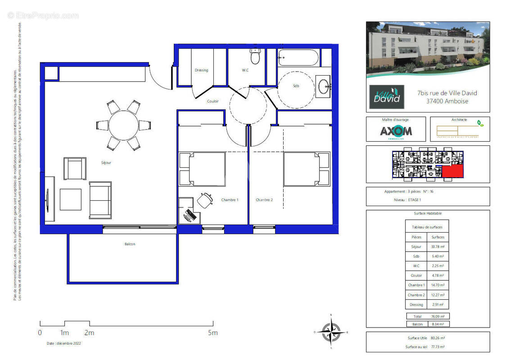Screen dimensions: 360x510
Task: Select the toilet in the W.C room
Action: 255,58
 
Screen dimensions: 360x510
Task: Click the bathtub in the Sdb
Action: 298,58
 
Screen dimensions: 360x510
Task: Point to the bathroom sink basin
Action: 323,85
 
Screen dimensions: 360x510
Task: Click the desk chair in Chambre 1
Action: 205,199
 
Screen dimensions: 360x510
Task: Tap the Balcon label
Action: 130,244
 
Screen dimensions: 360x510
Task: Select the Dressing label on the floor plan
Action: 201,70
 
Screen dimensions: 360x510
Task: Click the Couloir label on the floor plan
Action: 213,101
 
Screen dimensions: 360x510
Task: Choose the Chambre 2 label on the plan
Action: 264,200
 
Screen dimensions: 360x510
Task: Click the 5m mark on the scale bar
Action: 212,333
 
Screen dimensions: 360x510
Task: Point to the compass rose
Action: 331,332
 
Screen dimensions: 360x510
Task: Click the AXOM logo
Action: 396,131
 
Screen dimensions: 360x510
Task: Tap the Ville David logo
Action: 387,97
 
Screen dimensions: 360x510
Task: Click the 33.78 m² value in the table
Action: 438,247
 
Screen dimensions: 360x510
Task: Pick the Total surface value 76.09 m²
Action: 438,316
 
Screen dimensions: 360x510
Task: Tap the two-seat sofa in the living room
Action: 100,200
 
